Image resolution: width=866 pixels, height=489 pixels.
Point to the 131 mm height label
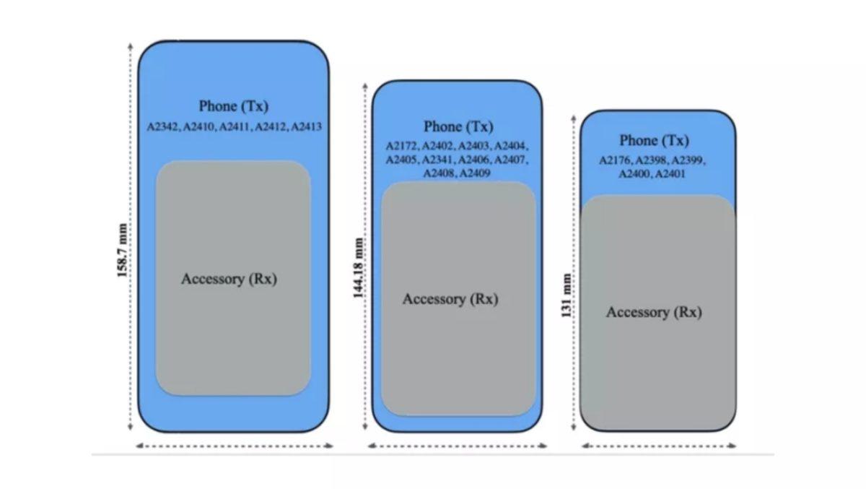tap(567, 295)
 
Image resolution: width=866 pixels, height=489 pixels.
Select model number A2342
tap(163, 126)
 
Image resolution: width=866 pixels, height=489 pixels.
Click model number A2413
tap(306, 126)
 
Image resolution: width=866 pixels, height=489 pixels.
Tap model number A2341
tap(438, 160)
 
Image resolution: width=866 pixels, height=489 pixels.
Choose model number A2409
tap(475, 173)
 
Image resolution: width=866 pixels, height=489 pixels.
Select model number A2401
tap(670, 174)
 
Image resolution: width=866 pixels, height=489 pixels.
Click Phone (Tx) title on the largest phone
tap(234, 106)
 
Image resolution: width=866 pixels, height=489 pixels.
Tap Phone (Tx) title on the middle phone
tap(458, 127)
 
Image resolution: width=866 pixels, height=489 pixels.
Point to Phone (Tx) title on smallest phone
tap(654, 141)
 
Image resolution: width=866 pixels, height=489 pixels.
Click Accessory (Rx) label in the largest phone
tap(229, 279)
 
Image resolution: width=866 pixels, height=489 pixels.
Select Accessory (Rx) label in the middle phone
tap(450, 299)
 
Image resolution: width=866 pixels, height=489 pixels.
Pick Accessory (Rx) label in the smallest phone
tap(654, 312)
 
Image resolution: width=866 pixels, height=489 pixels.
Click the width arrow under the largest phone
tap(235, 446)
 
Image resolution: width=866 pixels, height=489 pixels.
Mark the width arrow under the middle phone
tap(457, 446)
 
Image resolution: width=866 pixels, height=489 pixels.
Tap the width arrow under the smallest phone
tap(659, 446)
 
